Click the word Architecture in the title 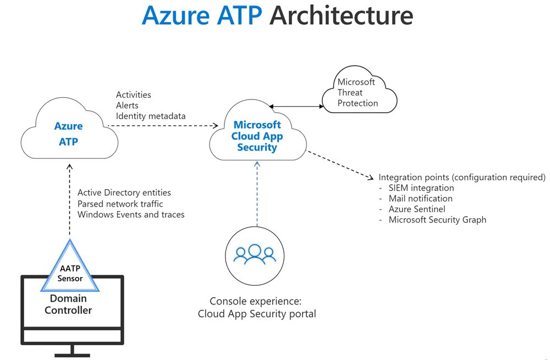pos(342,16)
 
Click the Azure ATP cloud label pos(68,134)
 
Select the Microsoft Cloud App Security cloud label pos(257,136)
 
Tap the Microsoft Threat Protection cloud pos(359,90)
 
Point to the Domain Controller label pos(68,304)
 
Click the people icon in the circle pos(255,254)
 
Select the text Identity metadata pos(151,116)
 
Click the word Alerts pos(127,106)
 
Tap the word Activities pos(133,95)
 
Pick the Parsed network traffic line pos(120,204)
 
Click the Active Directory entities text pos(124,192)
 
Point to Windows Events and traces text pos(131,214)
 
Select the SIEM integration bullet pos(421,188)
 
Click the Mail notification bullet pos(421,198)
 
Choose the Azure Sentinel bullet pos(417,209)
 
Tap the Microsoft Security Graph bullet pos(437,220)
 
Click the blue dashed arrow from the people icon pos(257,194)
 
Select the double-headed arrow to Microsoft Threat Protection pos(296,106)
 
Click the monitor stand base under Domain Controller pos(72,355)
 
